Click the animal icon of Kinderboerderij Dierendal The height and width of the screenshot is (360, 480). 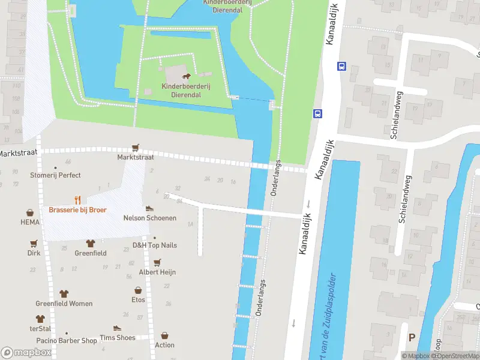(186, 76)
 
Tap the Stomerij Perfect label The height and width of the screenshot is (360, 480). (55, 175)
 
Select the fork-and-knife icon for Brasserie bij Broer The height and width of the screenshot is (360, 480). (77, 200)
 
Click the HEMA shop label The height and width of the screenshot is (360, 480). (29, 222)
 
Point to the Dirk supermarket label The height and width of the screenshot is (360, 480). (34, 253)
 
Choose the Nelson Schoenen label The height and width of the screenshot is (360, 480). (150, 218)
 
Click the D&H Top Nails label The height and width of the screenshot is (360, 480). (155, 245)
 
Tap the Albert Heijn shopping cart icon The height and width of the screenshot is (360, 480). (157, 262)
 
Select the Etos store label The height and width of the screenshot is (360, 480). (138, 299)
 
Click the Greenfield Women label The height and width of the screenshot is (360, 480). (64, 304)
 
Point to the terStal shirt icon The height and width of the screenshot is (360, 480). (40, 319)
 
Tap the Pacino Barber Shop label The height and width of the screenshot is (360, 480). (66, 340)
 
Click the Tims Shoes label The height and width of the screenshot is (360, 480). (117, 337)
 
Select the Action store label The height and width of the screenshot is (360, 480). (164, 345)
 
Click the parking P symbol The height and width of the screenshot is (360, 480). (412, 338)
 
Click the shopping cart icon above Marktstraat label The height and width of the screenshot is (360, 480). (136, 148)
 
